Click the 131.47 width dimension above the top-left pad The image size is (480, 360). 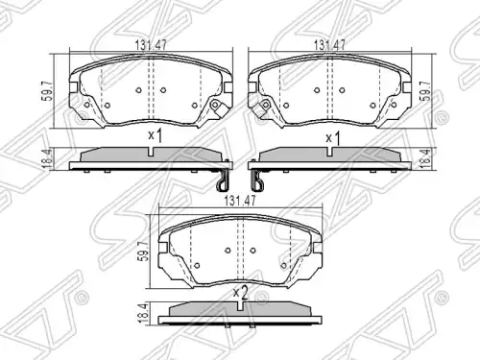tap(151, 45)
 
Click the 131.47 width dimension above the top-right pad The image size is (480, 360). tap(329, 45)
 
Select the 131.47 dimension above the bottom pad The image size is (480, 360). tap(240, 202)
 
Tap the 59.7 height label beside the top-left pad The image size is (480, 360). tap(47, 93)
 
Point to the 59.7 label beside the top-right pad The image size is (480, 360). tap(427, 92)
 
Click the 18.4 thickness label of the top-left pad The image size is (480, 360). tap(47, 158)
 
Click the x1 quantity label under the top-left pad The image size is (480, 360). tap(156, 136)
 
